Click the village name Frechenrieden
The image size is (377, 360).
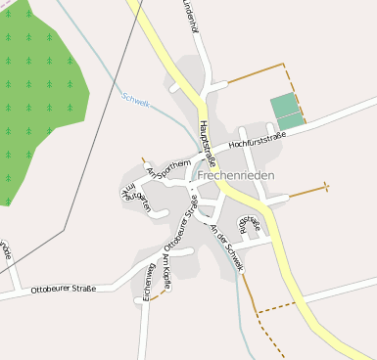[x=235, y=175]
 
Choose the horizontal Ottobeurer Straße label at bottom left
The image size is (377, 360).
[x=63, y=290]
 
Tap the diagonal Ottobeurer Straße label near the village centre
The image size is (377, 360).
[x=180, y=224]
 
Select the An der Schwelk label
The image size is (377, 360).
[x=226, y=239]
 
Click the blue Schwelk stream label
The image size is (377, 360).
[x=135, y=101]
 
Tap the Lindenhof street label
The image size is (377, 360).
[x=190, y=17]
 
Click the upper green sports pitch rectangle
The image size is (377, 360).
[x=283, y=105]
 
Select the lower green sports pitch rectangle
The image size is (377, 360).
[x=291, y=121]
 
